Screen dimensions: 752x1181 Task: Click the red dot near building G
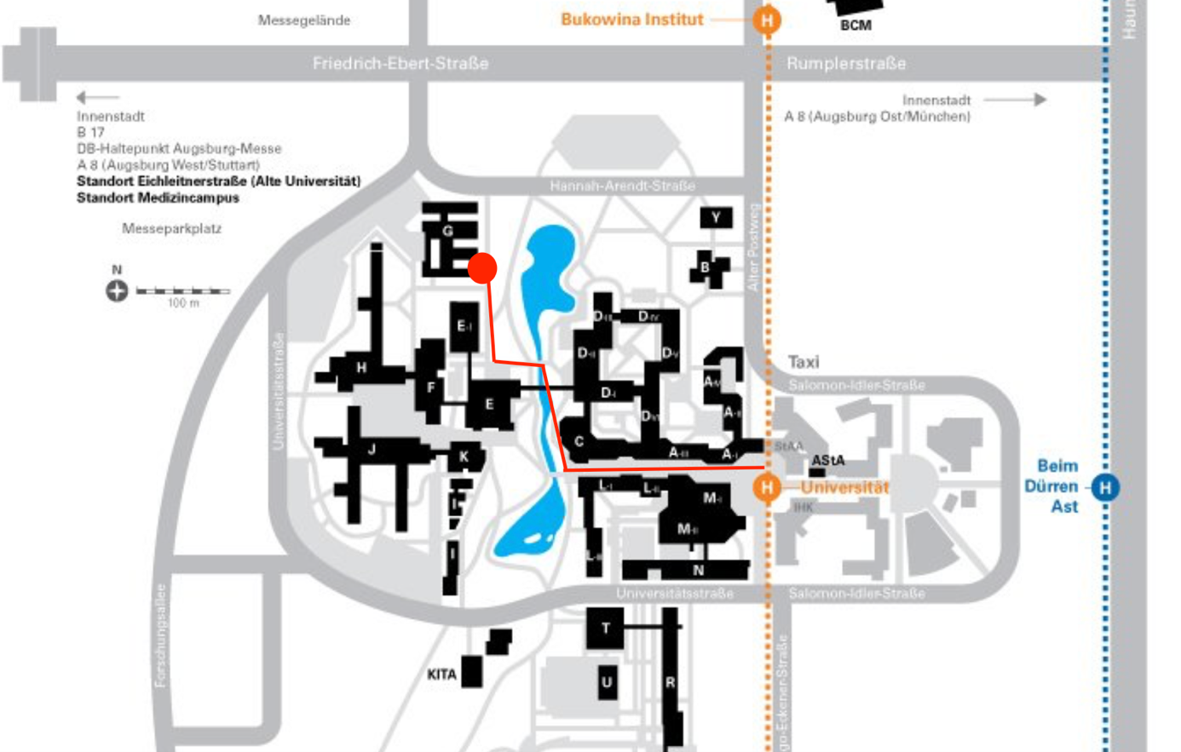(482, 267)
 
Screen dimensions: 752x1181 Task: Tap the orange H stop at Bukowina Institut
(767, 19)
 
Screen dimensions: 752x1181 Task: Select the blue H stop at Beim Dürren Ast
(1105, 487)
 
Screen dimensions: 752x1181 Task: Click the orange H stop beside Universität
(767, 487)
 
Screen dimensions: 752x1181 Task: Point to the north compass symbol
(117, 291)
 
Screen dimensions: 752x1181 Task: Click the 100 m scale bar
(182, 292)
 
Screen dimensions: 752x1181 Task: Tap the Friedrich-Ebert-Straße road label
(400, 63)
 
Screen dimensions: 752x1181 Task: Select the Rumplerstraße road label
(846, 63)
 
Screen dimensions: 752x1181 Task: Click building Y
(716, 218)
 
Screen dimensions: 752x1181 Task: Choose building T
(605, 629)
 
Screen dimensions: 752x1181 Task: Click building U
(606, 681)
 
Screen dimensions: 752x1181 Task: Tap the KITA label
(441, 675)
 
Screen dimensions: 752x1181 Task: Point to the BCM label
(856, 26)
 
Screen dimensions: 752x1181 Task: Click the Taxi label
(804, 362)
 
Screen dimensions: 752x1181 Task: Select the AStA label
(827, 460)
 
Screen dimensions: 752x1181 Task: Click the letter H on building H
(361, 368)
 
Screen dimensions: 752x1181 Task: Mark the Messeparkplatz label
(171, 228)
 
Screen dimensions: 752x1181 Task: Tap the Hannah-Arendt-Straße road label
(622, 186)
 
